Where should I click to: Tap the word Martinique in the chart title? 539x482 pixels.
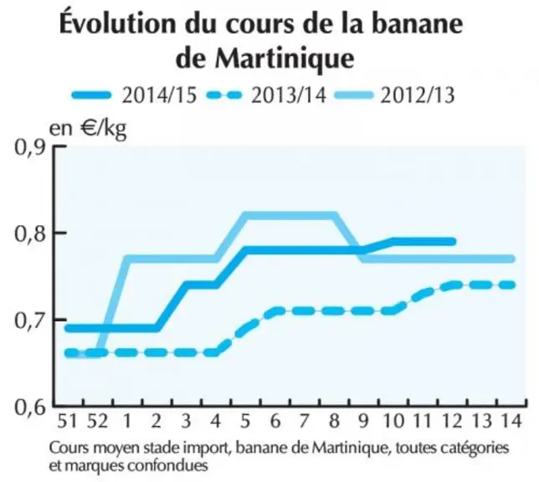(x=285, y=59)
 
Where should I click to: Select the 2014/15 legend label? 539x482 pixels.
(x=159, y=95)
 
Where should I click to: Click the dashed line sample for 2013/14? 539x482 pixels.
(x=224, y=95)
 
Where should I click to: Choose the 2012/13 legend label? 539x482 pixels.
(x=418, y=95)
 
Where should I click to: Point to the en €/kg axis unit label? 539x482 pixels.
(x=89, y=130)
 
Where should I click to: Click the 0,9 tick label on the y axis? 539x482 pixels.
(x=30, y=147)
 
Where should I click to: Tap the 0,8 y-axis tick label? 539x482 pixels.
(x=30, y=233)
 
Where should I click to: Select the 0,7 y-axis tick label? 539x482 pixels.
(x=30, y=320)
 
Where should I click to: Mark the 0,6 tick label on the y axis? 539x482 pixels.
(x=30, y=407)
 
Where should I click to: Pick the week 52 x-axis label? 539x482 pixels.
(x=98, y=420)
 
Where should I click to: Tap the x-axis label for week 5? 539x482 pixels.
(x=245, y=420)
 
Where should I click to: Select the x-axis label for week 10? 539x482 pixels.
(x=394, y=420)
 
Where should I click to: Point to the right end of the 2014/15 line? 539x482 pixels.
(x=453, y=242)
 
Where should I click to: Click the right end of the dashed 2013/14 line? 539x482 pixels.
(x=512, y=285)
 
